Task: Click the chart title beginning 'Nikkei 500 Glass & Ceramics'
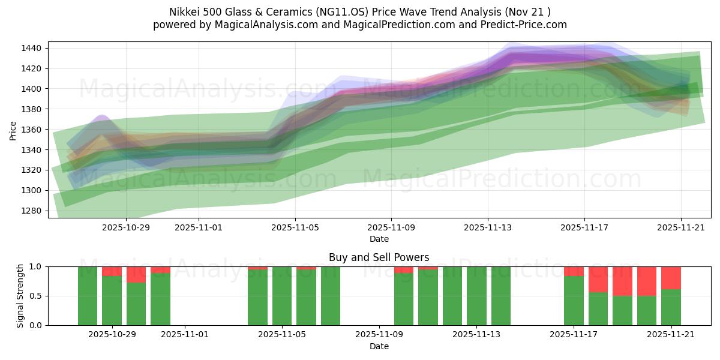tap(360, 11)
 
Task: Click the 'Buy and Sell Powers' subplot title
tap(379, 257)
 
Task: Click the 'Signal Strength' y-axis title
tap(20, 296)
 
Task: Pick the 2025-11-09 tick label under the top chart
tap(391, 227)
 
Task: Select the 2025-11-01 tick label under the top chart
tap(199, 227)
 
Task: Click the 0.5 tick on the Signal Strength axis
tap(37, 296)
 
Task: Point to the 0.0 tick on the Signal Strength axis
tap(37, 325)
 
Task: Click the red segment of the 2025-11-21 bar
tap(671, 278)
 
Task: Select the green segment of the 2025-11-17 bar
tap(574, 300)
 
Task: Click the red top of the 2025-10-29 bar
tap(112, 271)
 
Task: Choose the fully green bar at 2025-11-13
tap(476, 296)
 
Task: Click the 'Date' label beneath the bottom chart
tap(379, 346)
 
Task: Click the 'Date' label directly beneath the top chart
tap(379, 239)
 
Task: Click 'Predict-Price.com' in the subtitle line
tap(522, 25)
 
